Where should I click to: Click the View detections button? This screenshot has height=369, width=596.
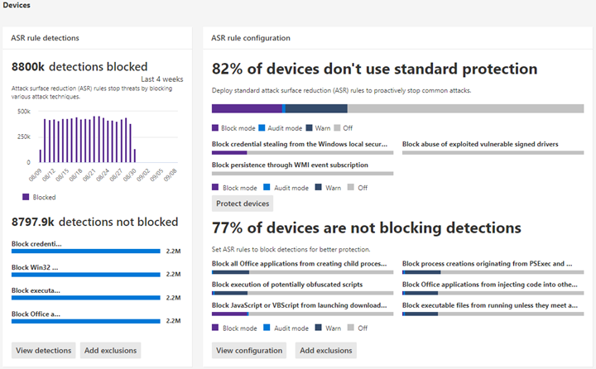click(x=43, y=350)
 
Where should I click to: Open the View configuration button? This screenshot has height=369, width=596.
click(x=249, y=350)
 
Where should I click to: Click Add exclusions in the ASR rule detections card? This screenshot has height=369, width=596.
click(x=110, y=350)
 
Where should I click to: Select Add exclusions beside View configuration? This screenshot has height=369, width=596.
click(x=325, y=350)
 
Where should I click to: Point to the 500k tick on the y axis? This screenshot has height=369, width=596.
click(x=23, y=110)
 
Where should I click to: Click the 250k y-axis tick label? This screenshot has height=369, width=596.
click(x=23, y=136)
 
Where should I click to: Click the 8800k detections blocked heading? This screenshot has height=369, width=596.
click(x=79, y=67)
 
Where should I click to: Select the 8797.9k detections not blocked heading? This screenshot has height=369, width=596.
click(x=94, y=222)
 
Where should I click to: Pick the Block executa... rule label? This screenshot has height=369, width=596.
click(x=36, y=290)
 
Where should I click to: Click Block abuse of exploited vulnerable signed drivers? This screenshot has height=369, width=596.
click(x=480, y=144)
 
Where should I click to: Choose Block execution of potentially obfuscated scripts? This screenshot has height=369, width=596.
click(x=287, y=284)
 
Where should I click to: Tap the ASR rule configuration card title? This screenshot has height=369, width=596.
click(x=251, y=38)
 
